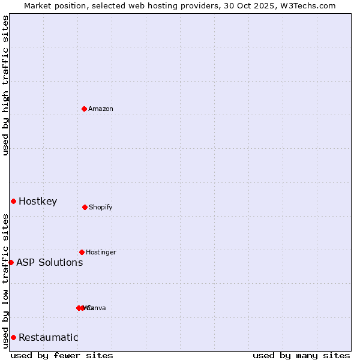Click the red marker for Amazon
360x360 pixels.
(85, 109)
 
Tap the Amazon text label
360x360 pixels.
(101, 109)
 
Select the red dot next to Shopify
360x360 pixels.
(85, 207)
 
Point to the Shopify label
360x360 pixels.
(101, 207)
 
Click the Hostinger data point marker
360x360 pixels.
(82, 252)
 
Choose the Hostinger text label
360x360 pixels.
(101, 252)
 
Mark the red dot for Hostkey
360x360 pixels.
(13, 201)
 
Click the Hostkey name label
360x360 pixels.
(38, 201)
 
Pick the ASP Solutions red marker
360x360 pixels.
(11, 262)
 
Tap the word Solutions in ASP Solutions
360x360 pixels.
(60, 262)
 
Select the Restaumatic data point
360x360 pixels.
(13, 337)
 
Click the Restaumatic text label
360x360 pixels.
(49, 337)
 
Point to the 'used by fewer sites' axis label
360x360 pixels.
(62, 355)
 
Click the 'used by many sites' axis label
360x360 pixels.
(301, 355)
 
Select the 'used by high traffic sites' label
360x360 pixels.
(5, 85)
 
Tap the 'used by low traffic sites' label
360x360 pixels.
(5, 281)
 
